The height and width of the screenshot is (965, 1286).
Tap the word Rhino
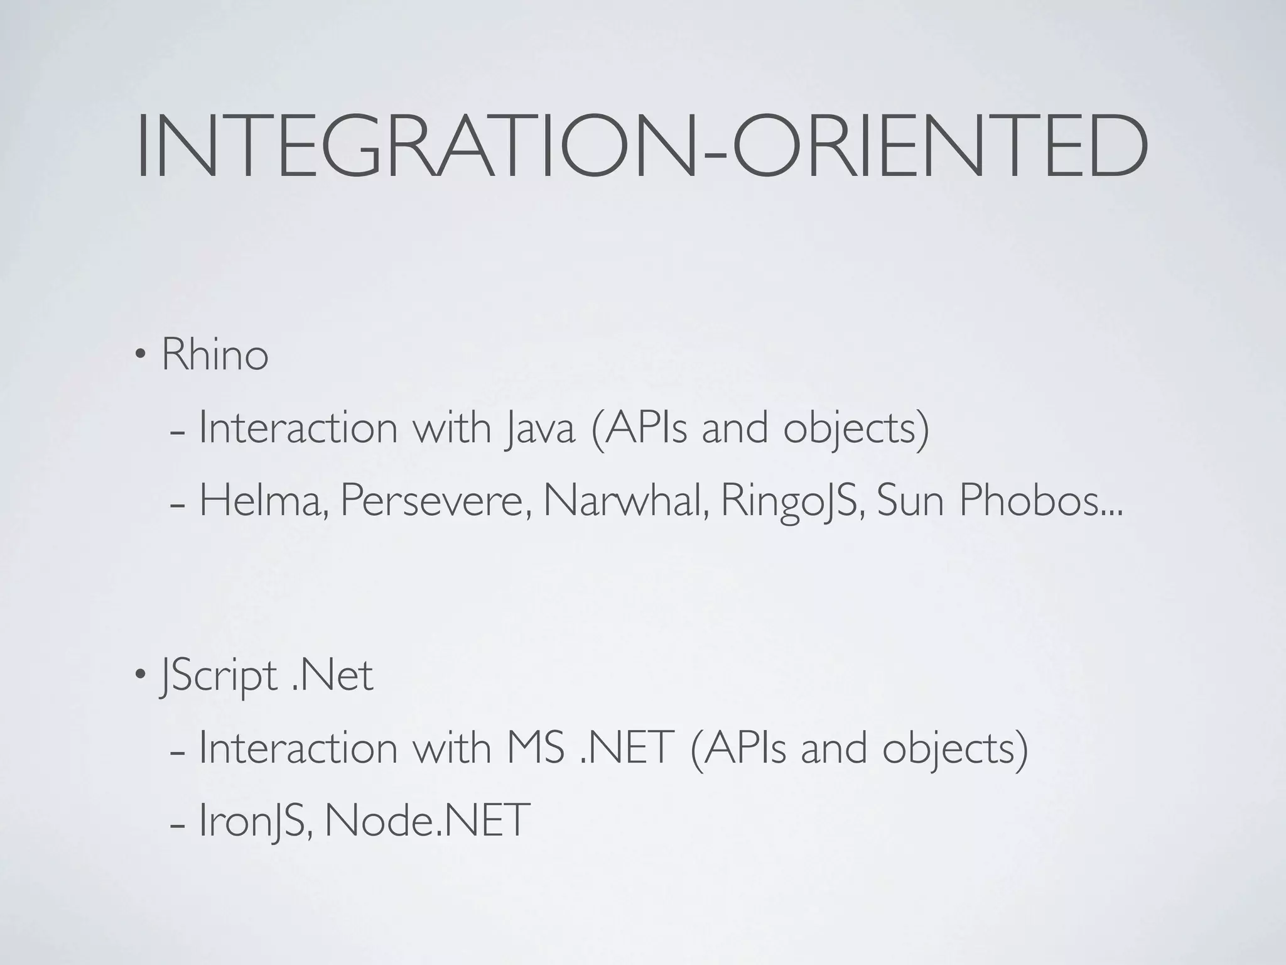(x=215, y=355)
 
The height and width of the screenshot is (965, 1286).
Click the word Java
(x=539, y=428)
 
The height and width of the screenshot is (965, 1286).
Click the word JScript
(x=219, y=677)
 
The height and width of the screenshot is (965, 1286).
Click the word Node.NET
(x=425, y=821)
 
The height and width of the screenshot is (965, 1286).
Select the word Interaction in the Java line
(x=298, y=428)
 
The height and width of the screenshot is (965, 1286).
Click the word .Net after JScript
(x=333, y=676)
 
